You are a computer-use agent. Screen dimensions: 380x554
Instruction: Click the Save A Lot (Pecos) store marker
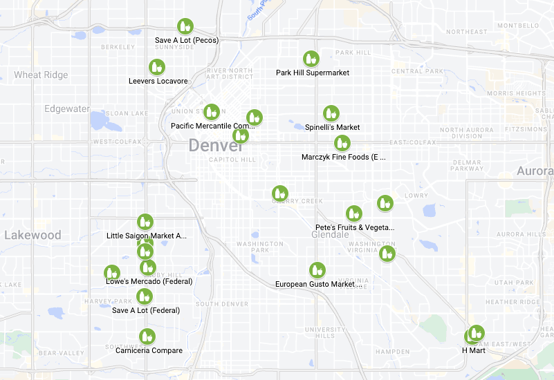185,27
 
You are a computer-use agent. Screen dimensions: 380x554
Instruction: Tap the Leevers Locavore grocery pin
157,67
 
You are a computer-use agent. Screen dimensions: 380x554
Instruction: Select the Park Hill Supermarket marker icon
311,59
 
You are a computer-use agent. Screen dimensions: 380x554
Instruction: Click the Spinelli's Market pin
331,113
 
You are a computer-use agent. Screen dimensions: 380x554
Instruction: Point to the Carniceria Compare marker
147,336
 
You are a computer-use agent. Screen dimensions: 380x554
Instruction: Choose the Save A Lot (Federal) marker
145,296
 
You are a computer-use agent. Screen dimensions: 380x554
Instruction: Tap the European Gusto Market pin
317,270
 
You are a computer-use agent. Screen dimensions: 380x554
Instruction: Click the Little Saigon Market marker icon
145,222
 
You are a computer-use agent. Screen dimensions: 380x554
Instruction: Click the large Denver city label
216,146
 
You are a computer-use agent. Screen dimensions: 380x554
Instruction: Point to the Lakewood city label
33,235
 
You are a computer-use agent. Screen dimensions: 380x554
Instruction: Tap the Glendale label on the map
330,235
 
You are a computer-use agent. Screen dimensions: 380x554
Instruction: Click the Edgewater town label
67,108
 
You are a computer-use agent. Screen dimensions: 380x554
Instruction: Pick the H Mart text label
474,350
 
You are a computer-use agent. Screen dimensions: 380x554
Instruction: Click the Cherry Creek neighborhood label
298,201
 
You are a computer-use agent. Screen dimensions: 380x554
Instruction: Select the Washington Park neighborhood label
259,247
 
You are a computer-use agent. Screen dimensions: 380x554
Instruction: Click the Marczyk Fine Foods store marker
342,143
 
